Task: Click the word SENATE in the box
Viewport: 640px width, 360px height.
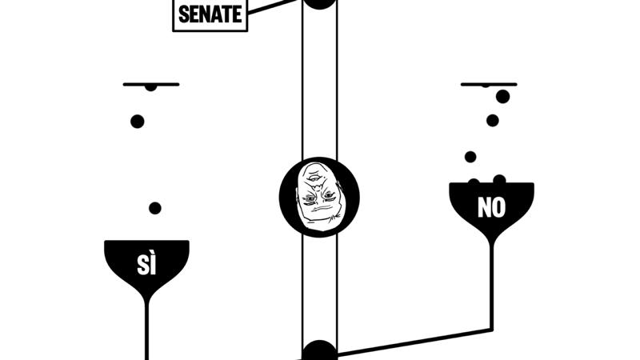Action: pos(210,14)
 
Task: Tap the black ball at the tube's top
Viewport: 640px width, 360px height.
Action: pos(319,2)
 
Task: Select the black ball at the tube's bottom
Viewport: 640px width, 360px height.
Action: pos(319,352)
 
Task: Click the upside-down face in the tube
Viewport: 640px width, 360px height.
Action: pos(319,197)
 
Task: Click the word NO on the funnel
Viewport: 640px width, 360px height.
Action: pos(491,208)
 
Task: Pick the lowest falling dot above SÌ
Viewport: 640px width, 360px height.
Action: pos(155,208)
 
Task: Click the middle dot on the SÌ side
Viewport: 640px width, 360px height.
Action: pos(138,122)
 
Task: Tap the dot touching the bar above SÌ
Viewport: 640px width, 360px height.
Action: pos(150,86)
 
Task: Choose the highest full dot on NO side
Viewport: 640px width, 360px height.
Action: pos(502,97)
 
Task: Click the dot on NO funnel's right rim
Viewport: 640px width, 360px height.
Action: pos(499,179)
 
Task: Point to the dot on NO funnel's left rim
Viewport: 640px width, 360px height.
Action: pos(474,182)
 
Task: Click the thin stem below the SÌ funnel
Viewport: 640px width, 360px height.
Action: pos(146,328)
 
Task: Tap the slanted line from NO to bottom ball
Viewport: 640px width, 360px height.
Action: pos(416,340)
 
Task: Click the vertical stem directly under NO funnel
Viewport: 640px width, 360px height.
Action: pos(491,280)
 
